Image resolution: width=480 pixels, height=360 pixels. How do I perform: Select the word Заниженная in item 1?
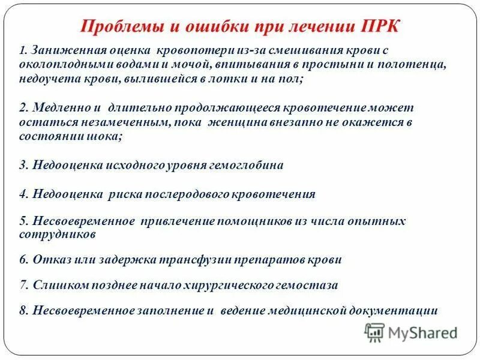coord(62,51)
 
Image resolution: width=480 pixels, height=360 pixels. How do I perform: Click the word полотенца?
coord(417,64)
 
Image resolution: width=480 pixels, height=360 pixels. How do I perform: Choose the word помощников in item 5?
coord(259,221)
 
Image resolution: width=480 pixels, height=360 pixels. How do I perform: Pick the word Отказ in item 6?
coord(51,260)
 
